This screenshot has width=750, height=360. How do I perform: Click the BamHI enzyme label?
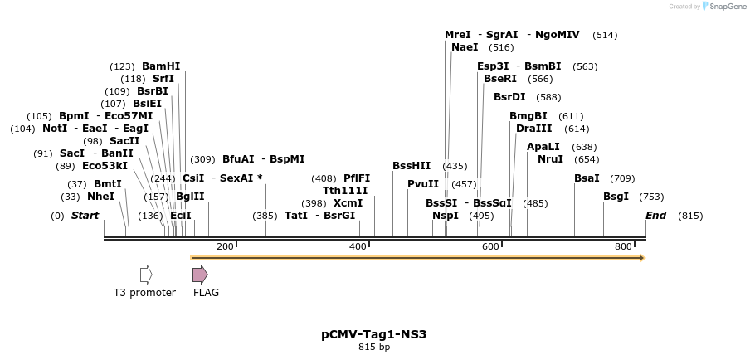click(161, 66)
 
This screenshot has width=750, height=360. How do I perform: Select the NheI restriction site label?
click(100, 197)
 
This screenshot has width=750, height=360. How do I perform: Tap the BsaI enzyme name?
click(587, 178)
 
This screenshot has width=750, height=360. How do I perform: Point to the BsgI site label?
click(616, 197)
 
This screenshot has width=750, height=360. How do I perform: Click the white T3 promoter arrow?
click(146, 275)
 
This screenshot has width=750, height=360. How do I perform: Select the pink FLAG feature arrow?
click(200, 275)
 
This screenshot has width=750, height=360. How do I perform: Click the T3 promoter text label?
click(144, 293)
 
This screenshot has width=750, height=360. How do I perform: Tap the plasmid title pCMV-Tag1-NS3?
click(373, 335)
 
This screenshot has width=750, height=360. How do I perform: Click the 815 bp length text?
click(373, 348)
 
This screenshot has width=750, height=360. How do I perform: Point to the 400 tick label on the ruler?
click(358, 247)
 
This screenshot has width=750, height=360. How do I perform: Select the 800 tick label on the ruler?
click(623, 247)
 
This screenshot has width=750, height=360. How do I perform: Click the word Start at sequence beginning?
click(85, 216)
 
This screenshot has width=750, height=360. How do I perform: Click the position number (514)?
click(605, 35)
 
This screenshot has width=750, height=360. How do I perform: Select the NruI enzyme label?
click(550, 159)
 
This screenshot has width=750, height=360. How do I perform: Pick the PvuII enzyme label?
click(423, 184)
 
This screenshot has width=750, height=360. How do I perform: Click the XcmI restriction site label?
click(348, 203)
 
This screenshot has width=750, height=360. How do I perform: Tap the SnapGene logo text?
click(726, 7)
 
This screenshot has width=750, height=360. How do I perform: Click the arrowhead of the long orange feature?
click(640, 258)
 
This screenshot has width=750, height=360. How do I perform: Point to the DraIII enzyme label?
click(533, 129)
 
